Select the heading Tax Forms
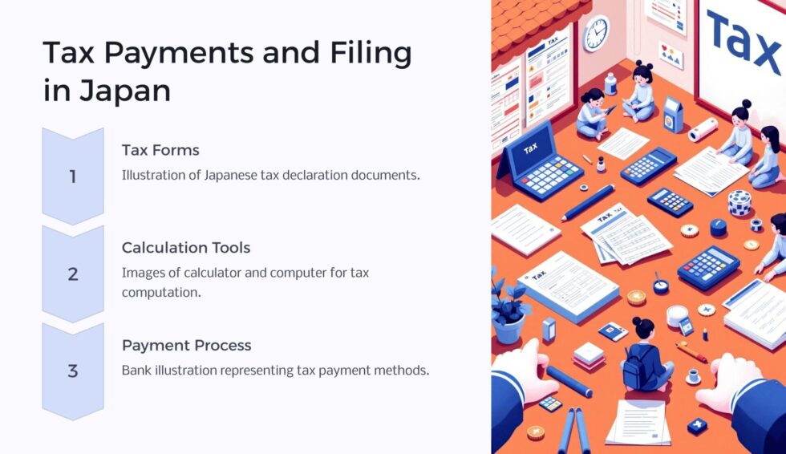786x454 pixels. [x=160, y=150]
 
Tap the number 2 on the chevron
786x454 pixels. [x=73, y=274]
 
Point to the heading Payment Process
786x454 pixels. [x=186, y=346]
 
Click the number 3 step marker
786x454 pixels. [x=73, y=371]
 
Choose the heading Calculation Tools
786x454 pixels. [x=186, y=248]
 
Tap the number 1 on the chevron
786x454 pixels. [x=73, y=176]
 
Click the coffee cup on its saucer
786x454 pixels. [x=692, y=376]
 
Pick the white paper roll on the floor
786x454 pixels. [x=703, y=129]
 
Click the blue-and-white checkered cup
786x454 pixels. [x=739, y=203]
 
